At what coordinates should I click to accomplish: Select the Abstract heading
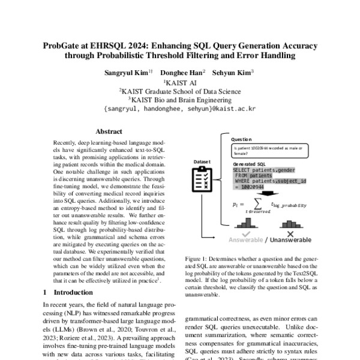pyautogui.click(x=109, y=131)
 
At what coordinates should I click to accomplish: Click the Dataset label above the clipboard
pyautogui.click(x=202, y=161)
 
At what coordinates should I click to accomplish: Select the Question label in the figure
pyautogui.click(x=242, y=138)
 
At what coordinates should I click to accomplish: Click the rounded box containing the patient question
pyautogui.click(x=273, y=150)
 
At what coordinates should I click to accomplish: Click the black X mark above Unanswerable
pyautogui.click(x=290, y=233)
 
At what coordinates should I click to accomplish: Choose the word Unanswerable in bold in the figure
pyautogui.click(x=290, y=241)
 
